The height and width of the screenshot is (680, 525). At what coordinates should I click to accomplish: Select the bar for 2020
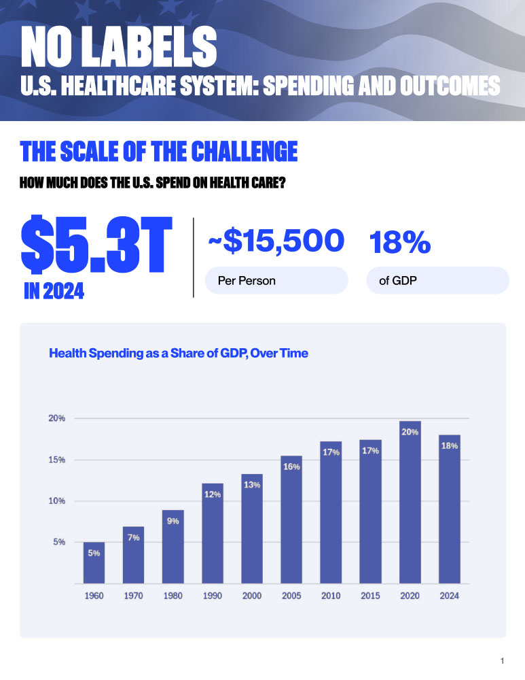tap(410, 503)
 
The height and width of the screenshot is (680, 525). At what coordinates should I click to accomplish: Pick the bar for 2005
tap(291, 520)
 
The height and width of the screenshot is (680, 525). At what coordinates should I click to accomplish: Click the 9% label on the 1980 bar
tap(173, 522)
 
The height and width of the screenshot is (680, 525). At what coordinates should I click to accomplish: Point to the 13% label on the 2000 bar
tap(252, 485)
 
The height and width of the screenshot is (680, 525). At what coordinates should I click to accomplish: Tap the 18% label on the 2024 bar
tap(450, 446)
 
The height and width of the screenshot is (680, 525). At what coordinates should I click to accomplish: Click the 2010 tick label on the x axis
tap(331, 596)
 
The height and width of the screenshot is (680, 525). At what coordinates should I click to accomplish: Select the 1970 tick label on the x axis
tap(133, 596)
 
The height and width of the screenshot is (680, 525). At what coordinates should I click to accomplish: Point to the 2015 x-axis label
tap(370, 596)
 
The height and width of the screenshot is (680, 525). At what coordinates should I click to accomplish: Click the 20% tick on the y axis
tap(56, 418)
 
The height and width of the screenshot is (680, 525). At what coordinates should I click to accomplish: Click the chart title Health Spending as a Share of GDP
tap(179, 354)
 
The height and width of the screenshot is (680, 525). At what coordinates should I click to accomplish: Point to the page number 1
tap(501, 660)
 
